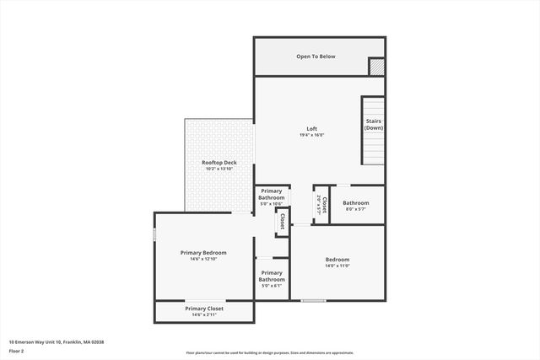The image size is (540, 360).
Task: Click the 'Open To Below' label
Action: (x=316, y=56)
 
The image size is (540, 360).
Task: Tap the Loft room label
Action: (x=312, y=129)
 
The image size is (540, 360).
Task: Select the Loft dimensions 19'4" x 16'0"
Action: (x=312, y=135)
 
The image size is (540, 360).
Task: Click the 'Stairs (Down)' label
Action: (x=374, y=124)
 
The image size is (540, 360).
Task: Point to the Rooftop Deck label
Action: (x=219, y=163)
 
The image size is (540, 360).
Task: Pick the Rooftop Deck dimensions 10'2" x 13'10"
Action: (x=219, y=169)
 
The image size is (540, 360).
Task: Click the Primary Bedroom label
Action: (x=203, y=252)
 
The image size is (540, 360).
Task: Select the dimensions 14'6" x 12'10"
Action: (x=203, y=259)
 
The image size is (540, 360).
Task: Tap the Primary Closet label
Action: (x=203, y=309)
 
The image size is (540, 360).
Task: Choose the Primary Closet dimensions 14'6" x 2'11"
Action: (x=203, y=314)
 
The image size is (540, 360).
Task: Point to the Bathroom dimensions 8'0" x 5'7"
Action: (x=355, y=209)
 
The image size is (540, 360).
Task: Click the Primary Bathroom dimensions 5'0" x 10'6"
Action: (x=272, y=204)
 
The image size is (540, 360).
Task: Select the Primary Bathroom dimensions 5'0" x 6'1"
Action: (x=272, y=286)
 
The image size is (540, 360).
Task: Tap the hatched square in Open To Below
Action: (x=376, y=67)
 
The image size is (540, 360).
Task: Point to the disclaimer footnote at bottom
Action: (x=269, y=353)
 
